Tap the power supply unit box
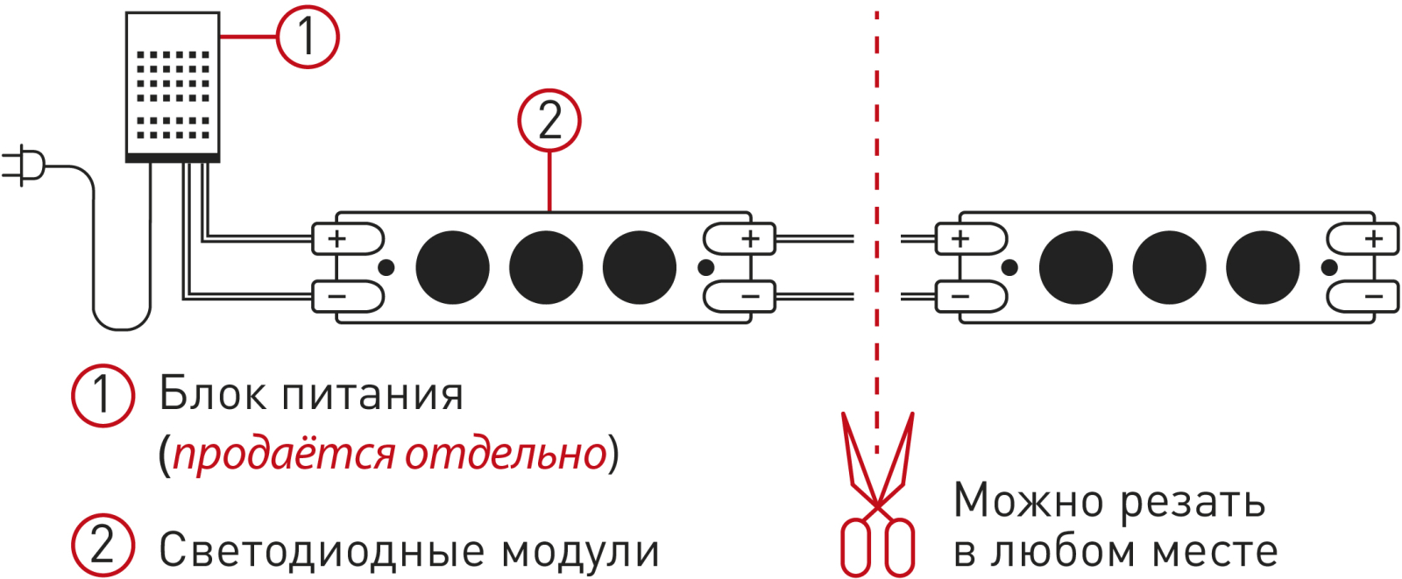[x=173, y=88]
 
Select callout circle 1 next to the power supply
[x=308, y=37]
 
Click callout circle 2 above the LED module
[x=549, y=120]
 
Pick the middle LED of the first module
[x=546, y=267]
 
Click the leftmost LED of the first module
[x=452, y=267]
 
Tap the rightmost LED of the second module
[x=1263, y=267]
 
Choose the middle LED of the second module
[x=1169, y=267]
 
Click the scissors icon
[x=877, y=495]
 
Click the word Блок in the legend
[x=212, y=395]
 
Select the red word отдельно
[x=506, y=454]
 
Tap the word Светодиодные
[x=322, y=551]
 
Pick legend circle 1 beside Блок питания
[x=103, y=395]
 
